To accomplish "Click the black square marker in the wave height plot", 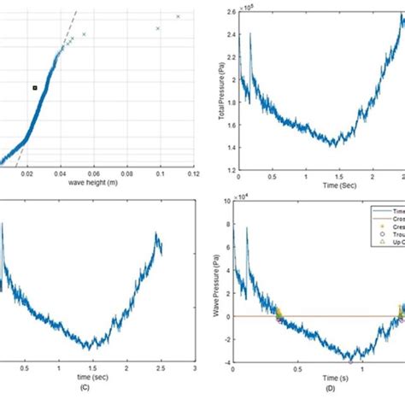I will (x=35, y=87).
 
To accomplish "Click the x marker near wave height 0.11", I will (x=178, y=16).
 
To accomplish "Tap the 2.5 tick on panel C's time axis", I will (x=160, y=359).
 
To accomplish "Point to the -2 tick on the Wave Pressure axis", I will (x=232, y=334).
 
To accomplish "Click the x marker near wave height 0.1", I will (x=158, y=28).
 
